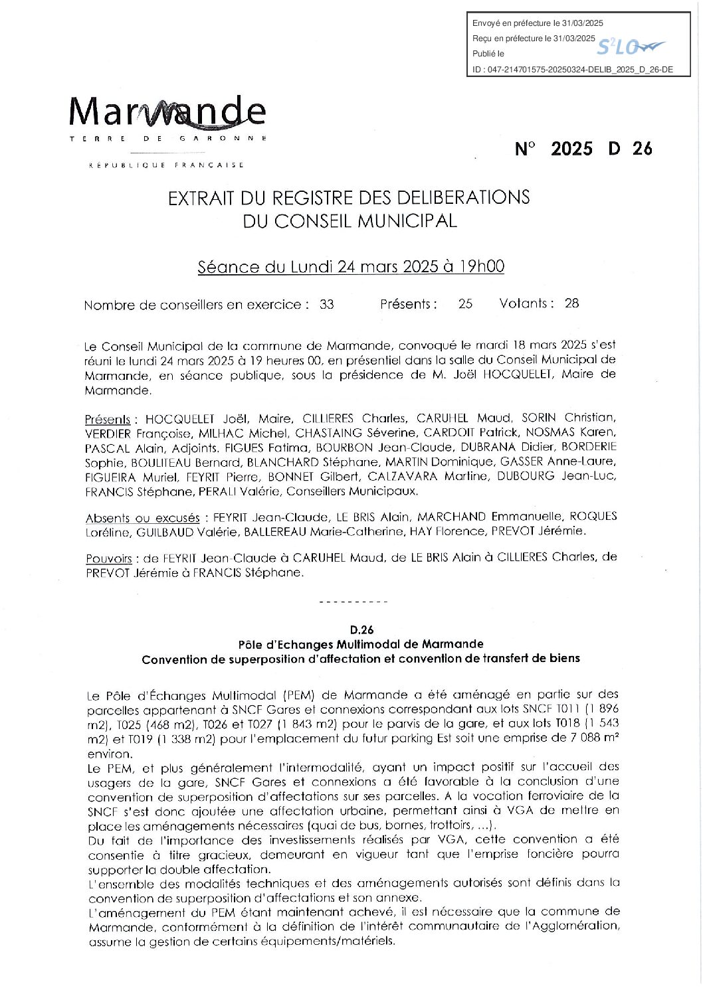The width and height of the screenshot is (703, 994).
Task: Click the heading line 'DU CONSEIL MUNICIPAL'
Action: click(x=350, y=221)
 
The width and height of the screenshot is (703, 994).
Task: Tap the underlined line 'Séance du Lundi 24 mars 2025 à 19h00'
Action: click(x=351, y=267)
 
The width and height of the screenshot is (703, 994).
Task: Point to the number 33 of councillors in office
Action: click(x=326, y=305)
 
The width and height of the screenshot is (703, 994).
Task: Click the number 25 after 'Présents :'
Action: click(x=465, y=304)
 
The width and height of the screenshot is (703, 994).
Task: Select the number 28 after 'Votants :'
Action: click(x=571, y=303)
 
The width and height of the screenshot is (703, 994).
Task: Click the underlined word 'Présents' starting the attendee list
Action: click(x=108, y=420)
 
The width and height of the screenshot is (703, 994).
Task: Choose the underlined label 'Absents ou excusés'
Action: click(x=142, y=518)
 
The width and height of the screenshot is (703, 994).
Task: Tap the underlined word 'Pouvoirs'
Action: click(x=109, y=559)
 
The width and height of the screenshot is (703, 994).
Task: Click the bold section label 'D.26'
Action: click(x=361, y=629)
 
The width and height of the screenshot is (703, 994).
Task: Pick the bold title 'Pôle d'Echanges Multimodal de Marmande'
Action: click(x=361, y=644)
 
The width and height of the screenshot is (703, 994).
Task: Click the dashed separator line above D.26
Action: click(x=353, y=602)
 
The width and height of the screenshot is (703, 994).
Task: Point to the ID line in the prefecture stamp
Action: click(x=572, y=69)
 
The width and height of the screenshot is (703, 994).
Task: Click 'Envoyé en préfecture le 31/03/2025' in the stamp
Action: click(x=538, y=23)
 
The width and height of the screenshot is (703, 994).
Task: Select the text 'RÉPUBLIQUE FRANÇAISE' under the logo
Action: click(x=167, y=165)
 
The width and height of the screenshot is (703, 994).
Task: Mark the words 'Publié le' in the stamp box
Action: click(x=488, y=54)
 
